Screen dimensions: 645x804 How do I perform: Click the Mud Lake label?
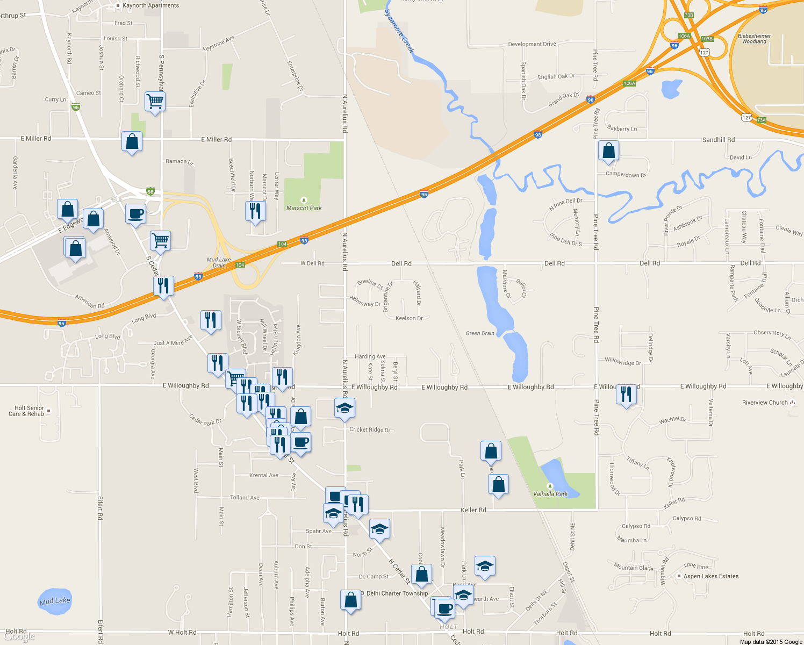(x=55, y=600)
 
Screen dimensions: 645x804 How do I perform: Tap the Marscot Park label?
(x=304, y=208)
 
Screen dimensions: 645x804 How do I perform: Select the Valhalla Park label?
(x=550, y=493)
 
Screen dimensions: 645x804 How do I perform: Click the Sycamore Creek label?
(x=400, y=31)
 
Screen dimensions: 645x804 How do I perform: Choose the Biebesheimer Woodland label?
(x=754, y=39)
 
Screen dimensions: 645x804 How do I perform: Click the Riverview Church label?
(x=765, y=403)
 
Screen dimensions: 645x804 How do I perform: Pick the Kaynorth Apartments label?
(x=150, y=5)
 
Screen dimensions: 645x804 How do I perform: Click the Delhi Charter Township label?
(x=397, y=593)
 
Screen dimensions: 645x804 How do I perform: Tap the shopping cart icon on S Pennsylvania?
(x=155, y=101)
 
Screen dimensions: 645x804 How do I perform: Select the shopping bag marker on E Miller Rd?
(x=132, y=141)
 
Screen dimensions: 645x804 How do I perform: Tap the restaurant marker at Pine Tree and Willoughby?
(x=626, y=395)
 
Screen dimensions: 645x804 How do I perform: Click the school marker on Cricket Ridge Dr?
(x=344, y=408)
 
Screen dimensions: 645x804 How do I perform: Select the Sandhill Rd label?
(x=718, y=140)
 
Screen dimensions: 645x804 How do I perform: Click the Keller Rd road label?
(x=473, y=510)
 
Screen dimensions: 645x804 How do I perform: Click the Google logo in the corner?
(x=19, y=636)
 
